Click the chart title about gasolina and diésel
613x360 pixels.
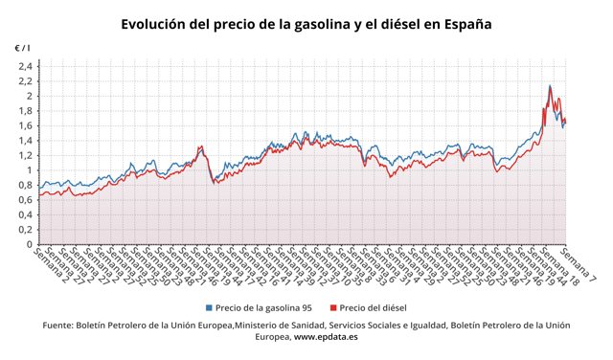point(306,24)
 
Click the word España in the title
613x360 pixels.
point(464,24)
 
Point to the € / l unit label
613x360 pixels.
point(22,48)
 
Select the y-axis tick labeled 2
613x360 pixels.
point(30,96)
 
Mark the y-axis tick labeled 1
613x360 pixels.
point(30,170)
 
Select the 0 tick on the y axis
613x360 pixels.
point(30,245)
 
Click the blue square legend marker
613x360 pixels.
point(209,307)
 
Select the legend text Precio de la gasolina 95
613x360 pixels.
point(263,307)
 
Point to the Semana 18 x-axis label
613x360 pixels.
point(559,271)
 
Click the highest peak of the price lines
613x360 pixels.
point(550,86)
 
